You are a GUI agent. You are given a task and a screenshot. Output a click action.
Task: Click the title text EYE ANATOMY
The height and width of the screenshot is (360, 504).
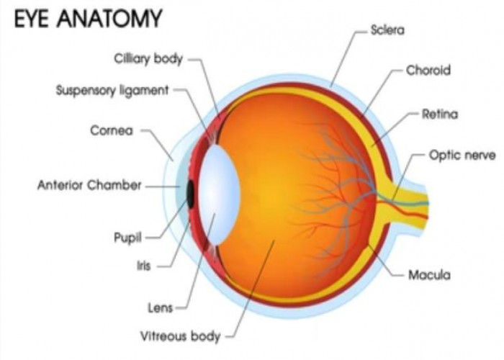[x=88, y=19]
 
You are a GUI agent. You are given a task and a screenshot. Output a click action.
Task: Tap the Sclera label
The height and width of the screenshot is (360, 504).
[x=387, y=30]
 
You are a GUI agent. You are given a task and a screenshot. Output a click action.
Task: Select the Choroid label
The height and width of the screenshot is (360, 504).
[x=428, y=70]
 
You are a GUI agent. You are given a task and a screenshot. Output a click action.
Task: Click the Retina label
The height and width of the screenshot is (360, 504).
[x=440, y=114]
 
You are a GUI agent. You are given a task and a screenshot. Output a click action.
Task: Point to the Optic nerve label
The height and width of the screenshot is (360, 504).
[x=462, y=156]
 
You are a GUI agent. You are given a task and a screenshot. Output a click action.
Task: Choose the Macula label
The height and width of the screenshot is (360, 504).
[x=429, y=275]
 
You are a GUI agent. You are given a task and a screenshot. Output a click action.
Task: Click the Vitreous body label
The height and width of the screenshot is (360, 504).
[x=180, y=336]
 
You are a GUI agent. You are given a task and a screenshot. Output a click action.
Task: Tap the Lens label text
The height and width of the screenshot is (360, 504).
[x=161, y=308]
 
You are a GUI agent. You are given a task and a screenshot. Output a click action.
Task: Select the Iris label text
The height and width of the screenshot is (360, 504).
[x=144, y=266]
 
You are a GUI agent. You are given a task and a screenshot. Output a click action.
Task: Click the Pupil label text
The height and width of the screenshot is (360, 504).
[x=127, y=238]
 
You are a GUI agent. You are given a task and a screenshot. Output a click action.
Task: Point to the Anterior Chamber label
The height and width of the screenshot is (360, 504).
[x=89, y=185]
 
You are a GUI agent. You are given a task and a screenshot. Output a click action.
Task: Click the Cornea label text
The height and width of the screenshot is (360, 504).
[x=112, y=130]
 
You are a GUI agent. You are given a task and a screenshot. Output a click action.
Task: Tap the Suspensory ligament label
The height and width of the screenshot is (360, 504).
[x=112, y=90]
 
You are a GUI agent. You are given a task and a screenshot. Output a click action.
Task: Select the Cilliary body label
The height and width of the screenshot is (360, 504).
[x=148, y=59]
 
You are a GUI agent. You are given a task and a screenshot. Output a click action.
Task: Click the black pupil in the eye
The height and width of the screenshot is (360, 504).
[x=190, y=194]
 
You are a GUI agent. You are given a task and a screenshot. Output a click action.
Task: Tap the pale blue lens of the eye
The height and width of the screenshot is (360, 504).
[x=219, y=194]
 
